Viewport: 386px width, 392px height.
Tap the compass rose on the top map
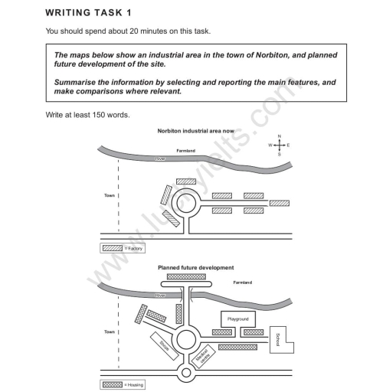point(280,145)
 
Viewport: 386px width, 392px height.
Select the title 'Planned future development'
point(195,268)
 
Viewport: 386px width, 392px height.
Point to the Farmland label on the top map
point(187,152)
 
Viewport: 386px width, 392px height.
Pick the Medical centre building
point(204,356)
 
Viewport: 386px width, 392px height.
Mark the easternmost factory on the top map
point(280,203)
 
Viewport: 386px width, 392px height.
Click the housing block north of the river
point(186,276)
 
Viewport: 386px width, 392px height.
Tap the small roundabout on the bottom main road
point(185,374)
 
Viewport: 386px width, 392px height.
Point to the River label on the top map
point(160,158)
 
